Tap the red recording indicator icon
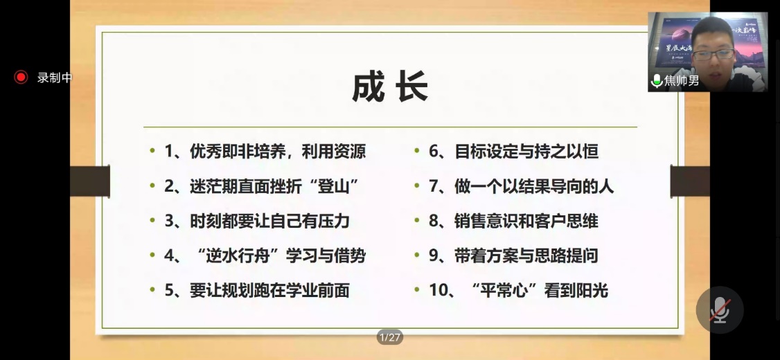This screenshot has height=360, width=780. click(x=21, y=77)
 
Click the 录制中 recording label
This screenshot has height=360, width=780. click(x=55, y=78)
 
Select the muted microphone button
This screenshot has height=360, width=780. click(x=720, y=309)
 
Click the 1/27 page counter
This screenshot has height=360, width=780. click(x=389, y=338)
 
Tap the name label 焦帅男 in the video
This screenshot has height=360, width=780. click(x=682, y=80)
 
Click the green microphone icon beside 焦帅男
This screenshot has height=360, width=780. click(x=657, y=80)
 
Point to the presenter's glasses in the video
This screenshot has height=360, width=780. click(x=713, y=54)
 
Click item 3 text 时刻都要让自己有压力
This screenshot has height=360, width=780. click(x=269, y=222)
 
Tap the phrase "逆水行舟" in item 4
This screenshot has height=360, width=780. click(x=241, y=256)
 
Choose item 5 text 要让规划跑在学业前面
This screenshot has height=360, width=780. click(x=269, y=291)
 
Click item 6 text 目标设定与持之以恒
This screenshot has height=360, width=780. click(x=526, y=152)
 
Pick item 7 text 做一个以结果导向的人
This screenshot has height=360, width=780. click(x=534, y=186)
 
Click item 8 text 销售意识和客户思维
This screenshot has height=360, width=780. click(x=526, y=222)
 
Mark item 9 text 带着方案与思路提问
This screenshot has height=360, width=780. click(x=526, y=256)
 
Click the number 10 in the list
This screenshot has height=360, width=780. click(x=438, y=291)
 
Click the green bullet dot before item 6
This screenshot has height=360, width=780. click(x=417, y=150)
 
